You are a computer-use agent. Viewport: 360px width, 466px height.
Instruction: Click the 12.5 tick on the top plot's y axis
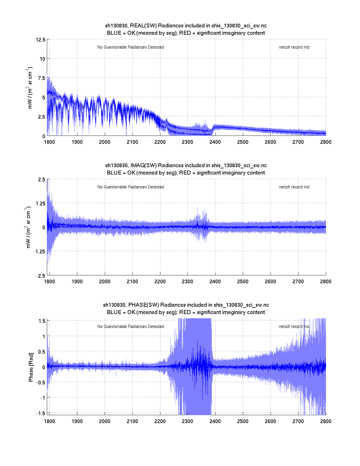40,40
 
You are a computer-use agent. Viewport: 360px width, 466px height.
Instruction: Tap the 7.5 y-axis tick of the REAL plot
42,78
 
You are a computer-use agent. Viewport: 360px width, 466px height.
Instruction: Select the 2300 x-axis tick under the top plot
187,142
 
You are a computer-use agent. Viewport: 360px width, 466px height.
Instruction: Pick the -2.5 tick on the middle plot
41,276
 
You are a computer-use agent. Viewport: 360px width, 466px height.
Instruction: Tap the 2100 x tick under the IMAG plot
132,282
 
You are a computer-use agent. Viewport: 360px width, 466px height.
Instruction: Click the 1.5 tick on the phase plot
42,321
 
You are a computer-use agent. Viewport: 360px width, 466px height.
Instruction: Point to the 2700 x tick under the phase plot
298,421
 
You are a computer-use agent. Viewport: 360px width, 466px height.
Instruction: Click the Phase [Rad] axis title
31,367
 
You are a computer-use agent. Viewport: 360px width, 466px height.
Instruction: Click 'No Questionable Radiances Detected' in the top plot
130,47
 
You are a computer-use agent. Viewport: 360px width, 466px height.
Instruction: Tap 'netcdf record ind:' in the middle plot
294,187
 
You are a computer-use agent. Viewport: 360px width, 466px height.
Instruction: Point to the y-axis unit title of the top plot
30,88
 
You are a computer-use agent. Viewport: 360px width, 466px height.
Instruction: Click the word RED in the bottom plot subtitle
185,312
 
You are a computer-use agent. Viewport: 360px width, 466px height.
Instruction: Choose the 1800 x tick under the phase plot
49,421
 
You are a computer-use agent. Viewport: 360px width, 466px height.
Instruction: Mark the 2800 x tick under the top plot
326,142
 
